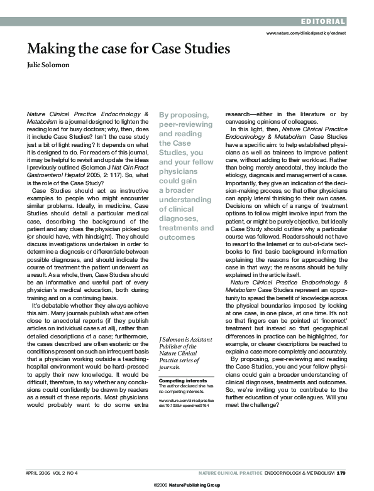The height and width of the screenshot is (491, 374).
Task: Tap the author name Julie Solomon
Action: (49, 64)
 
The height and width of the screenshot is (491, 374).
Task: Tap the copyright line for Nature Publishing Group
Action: (187, 485)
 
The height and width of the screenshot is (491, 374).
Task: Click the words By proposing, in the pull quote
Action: (184, 115)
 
